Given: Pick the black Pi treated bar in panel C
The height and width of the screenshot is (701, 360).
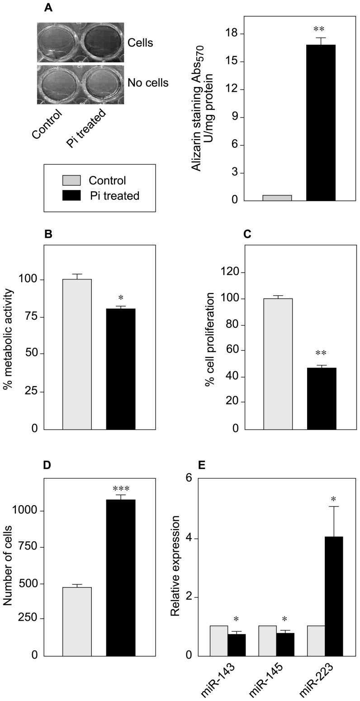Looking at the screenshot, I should click(322, 398).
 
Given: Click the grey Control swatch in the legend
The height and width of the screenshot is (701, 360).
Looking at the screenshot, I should click(71, 180).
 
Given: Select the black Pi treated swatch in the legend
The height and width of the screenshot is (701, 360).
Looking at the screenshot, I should click(71, 195).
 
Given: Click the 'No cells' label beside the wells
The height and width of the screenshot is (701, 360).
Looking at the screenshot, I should click(148, 83).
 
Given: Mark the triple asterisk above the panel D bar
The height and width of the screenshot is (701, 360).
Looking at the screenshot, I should click(121, 488).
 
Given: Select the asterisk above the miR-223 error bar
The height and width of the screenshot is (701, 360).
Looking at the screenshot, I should click(333, 499).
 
